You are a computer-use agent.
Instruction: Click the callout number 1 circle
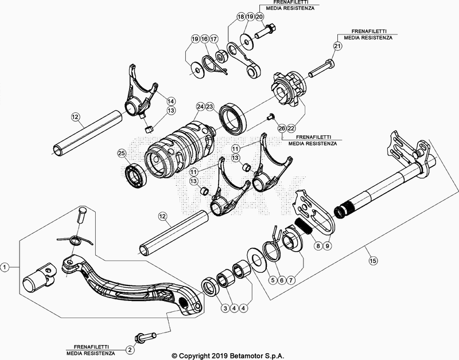click(x=5, y=267)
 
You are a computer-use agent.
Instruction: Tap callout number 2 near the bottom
click(x=130, y=349)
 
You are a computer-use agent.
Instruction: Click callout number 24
click(x=200, y=107)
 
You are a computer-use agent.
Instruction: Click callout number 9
click(x=327, y=245)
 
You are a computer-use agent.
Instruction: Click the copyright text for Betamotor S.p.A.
click(x=228, y=355)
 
